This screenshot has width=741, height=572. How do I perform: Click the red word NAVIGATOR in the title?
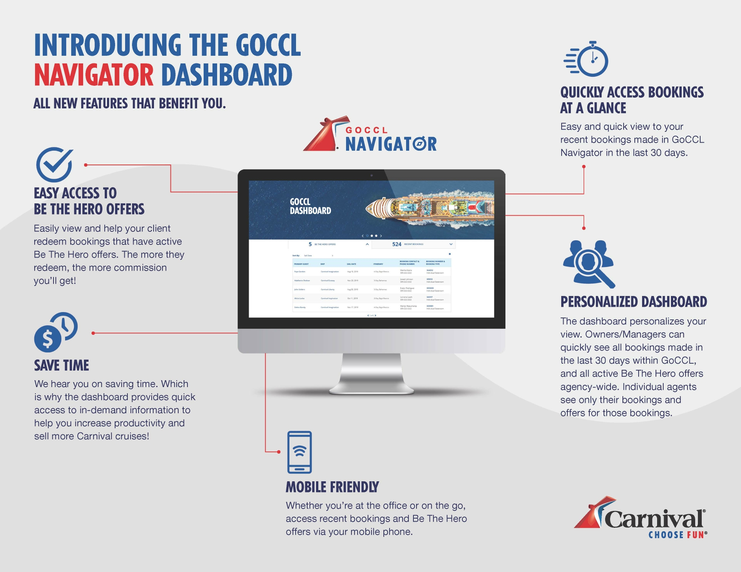point(94,75)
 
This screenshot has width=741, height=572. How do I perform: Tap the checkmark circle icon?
point(54,164)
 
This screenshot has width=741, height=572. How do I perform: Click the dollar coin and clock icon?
point(56,332)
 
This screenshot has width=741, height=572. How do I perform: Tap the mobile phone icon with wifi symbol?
point(299,452)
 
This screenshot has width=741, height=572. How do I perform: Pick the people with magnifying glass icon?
point(588,263)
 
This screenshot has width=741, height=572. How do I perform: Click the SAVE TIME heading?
point(62,365)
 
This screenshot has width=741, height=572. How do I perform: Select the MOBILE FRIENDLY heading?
point(332,487)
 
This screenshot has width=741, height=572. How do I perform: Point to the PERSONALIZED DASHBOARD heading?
point(633,302)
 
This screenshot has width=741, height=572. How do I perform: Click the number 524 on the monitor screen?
point(397,244)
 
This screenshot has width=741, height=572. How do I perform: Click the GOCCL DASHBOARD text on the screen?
point(310,206)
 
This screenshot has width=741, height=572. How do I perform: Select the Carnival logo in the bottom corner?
point(641,515)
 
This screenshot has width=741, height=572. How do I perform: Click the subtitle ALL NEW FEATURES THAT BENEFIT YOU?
point(130,103)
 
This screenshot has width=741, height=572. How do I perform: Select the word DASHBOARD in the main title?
point(227,75)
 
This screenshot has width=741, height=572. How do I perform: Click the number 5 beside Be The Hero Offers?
point(310,244)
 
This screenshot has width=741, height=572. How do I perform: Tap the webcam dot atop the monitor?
point(372,175)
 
